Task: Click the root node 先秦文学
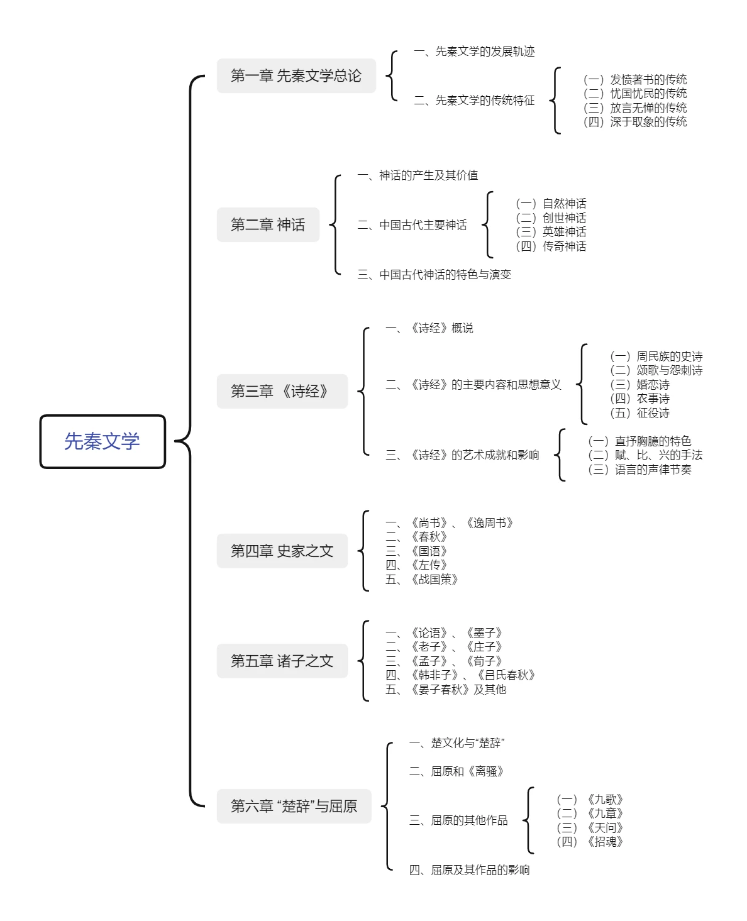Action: click(x=102, y=441)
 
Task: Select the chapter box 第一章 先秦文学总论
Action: click(x=296, y=75)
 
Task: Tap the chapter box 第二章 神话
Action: click(x=268, y=224)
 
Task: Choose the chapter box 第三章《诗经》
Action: click(x=282, y=391)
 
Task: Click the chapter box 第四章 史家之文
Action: click(x=282, y=551)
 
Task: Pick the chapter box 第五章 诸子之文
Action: click(x=282, y=660)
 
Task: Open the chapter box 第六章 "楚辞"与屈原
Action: click(x=294, y=806)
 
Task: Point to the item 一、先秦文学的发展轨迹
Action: click(x=474, y=52)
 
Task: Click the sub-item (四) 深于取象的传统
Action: click(x=635, y=122)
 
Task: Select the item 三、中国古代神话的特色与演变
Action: click(x=434, y=275)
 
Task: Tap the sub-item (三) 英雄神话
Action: click(x=551, y=232)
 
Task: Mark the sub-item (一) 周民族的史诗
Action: click(x=656, y=356)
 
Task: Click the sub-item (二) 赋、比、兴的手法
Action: click(x=645, y=455)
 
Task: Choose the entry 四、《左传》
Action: click(x=416, y=565)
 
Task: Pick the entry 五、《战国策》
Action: click(x=422, y=579)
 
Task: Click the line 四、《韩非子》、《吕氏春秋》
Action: click(x=460, y=675)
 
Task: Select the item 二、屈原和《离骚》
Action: click(x=456, y=771)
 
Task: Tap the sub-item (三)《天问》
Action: click(x=590, y=827)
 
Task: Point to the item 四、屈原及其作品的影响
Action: click(x=469, y=870)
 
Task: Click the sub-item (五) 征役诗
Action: click(x=639, y=413)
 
